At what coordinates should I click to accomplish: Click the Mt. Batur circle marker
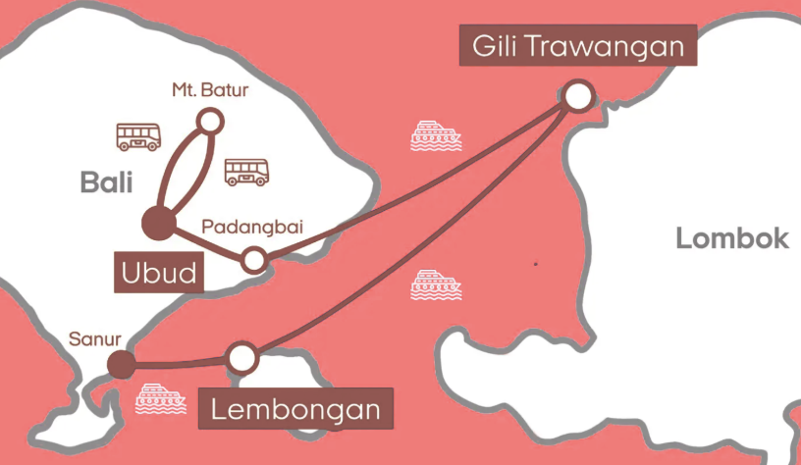click(x=208, y=121)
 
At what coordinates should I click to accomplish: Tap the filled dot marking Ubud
click(x=157, y=223)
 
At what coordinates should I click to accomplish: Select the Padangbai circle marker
click(x=254, y=260)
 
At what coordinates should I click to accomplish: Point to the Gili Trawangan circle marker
click(x=578, y=95)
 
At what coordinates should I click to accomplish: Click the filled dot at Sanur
click(x=121, y=364)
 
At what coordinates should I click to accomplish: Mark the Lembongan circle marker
click(x=241, y=358)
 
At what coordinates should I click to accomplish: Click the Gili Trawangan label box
click(x=578, y=46)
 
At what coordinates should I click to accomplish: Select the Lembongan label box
click(x=296, y=408)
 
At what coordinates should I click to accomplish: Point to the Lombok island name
click(x=731, y=238)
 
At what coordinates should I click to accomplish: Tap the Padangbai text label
click(x=251, y=228)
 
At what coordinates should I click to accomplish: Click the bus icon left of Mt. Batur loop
click(x=138, y=137)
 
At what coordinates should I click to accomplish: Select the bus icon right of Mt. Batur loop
click(x=246, y=172)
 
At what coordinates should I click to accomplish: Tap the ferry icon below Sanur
click(x=160, y=400)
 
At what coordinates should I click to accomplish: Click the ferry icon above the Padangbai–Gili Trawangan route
click(x=435, y=135)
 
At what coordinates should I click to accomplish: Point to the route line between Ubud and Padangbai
click(x=208, y=242)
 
